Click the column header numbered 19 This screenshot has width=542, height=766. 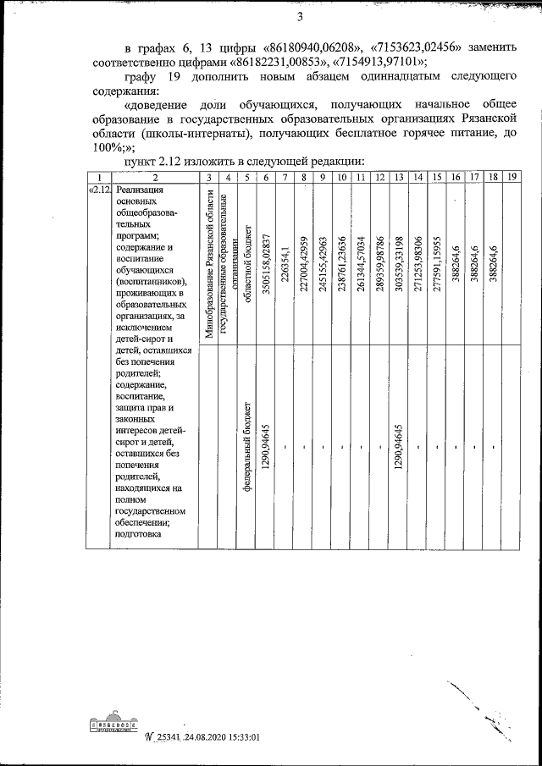point(512,176)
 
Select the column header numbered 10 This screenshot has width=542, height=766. point(340,176)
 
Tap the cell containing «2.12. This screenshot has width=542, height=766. point(100,190)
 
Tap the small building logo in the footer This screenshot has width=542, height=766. point(113,726)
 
